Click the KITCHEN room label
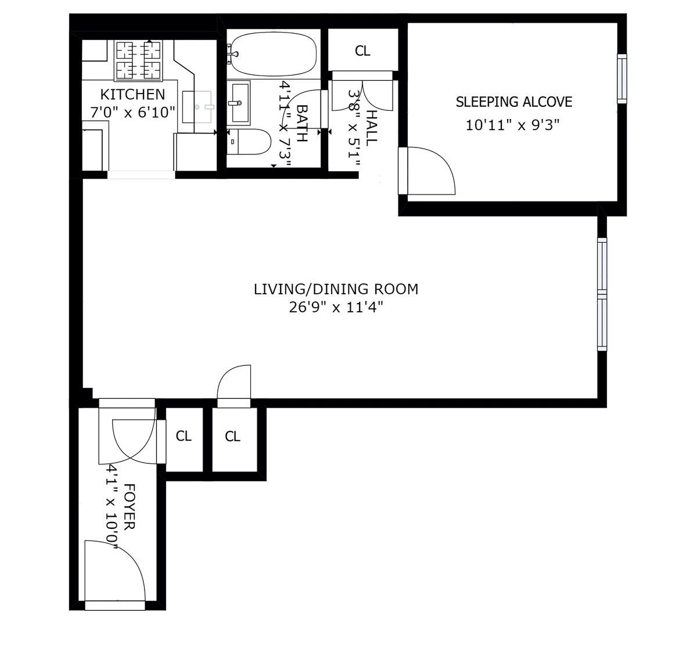pos(132,94)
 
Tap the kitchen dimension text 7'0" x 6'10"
pos(132,112)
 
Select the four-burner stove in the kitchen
pos(138,61)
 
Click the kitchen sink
pos(197,107)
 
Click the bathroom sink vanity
pos(239,103)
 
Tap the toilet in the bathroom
pos(250,142)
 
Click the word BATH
pos(302,123)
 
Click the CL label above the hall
pos(362,51)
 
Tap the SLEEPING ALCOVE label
pos(513,102)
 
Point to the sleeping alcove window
pos(621,78)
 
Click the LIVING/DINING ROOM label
pos(336,289)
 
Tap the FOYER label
pos(129,506)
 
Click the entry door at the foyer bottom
pos(113,575)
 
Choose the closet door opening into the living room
pos(234,385)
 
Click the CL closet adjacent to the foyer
pos(184,436)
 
